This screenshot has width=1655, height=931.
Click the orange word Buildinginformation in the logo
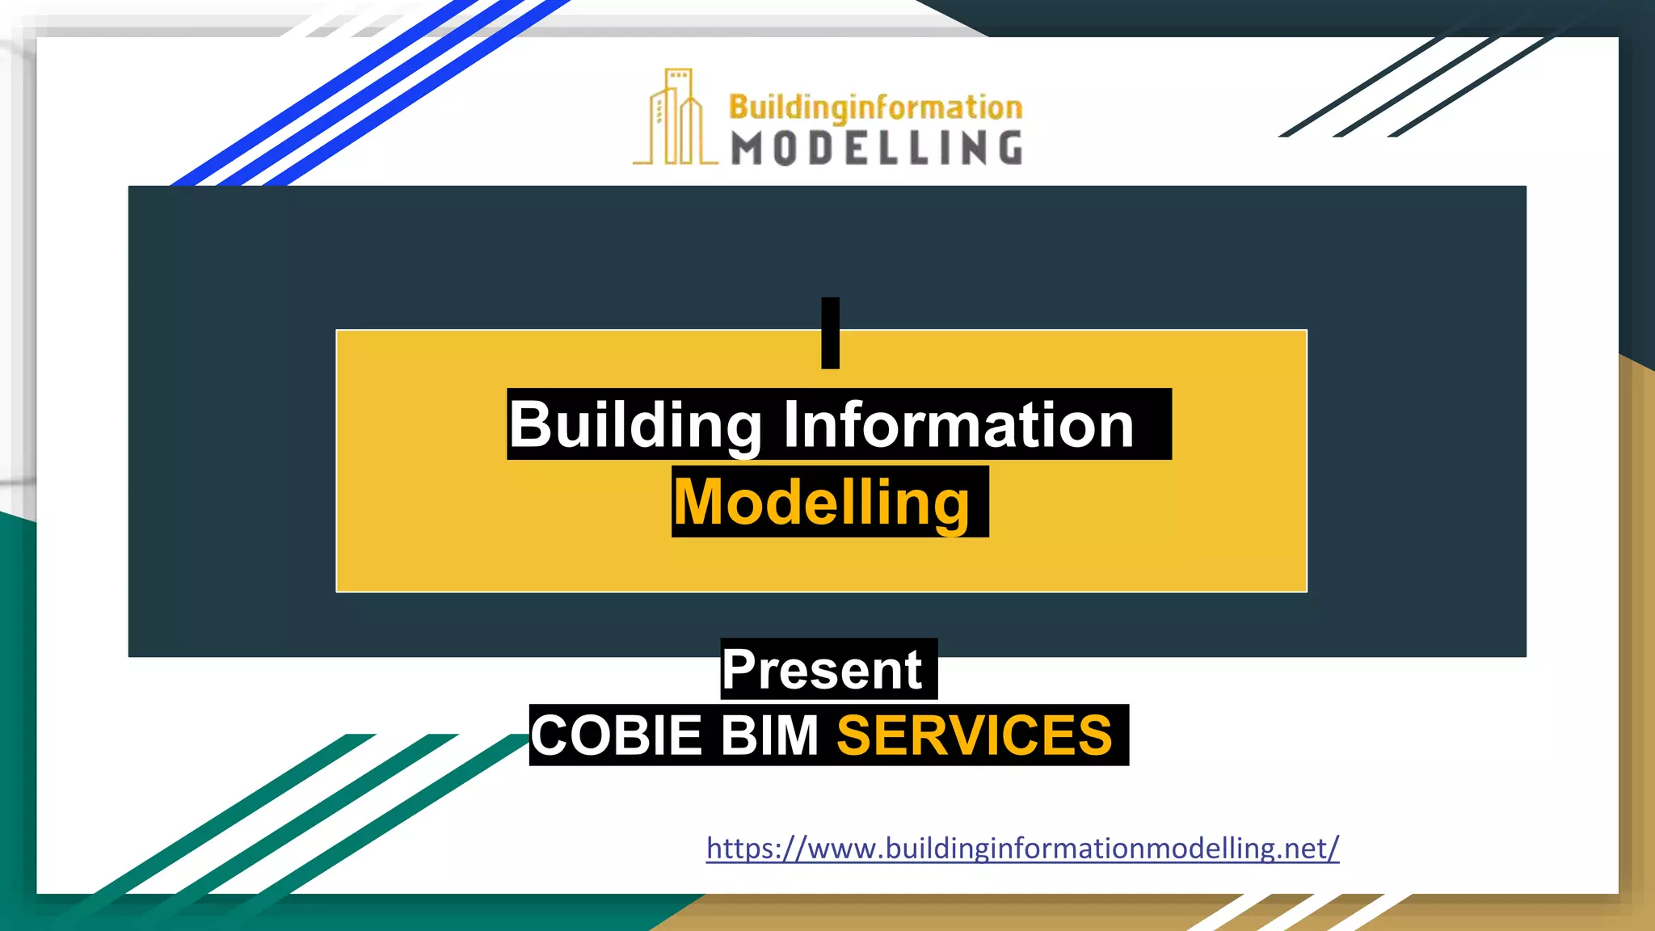coord(875,107)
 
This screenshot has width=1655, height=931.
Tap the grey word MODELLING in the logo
coord(876,149)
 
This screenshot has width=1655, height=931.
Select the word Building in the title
coord(635,425)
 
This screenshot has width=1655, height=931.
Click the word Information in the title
coord(958,425)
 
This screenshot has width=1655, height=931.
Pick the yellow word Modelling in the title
coord(822,503)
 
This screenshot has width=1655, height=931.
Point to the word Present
coord(823,669)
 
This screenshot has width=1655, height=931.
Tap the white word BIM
coord(769,735)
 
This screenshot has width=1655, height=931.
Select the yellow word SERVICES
coord(975,735)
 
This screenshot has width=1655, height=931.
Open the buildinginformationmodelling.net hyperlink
coord(1022,848)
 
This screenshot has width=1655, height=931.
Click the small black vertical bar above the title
coord(830,333)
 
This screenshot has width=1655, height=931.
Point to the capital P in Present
coord(739,669)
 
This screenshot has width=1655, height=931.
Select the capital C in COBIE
coord(550,735)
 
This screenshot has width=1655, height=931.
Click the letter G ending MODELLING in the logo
coord(1009,149)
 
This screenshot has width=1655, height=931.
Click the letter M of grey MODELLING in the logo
coord(747,149)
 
